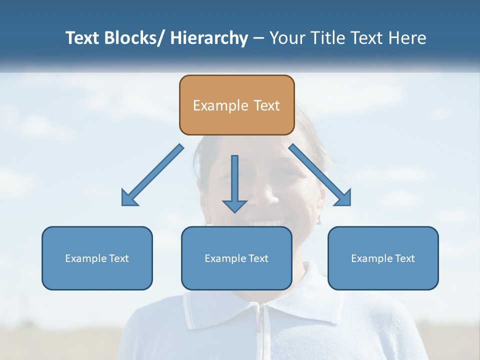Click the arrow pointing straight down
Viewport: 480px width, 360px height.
pos(234,182)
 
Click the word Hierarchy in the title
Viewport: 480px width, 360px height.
pos(209,38)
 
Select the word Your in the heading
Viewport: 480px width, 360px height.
pos(287,38)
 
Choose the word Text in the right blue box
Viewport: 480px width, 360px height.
pos(404,258)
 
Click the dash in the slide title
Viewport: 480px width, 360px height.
pos(258,38)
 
